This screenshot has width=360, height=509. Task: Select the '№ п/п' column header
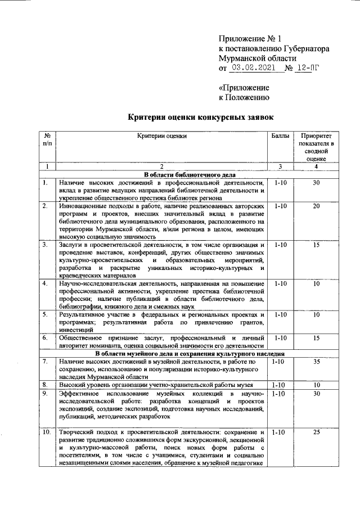click(x=47, y=140)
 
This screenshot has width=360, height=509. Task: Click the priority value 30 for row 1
click(x=316, y=183)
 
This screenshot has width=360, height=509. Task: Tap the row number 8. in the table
click(x=45, y=385)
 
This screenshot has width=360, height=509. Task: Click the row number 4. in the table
click(x=45, y=283)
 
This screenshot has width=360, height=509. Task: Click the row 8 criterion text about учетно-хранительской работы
click(x=155, y=385)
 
